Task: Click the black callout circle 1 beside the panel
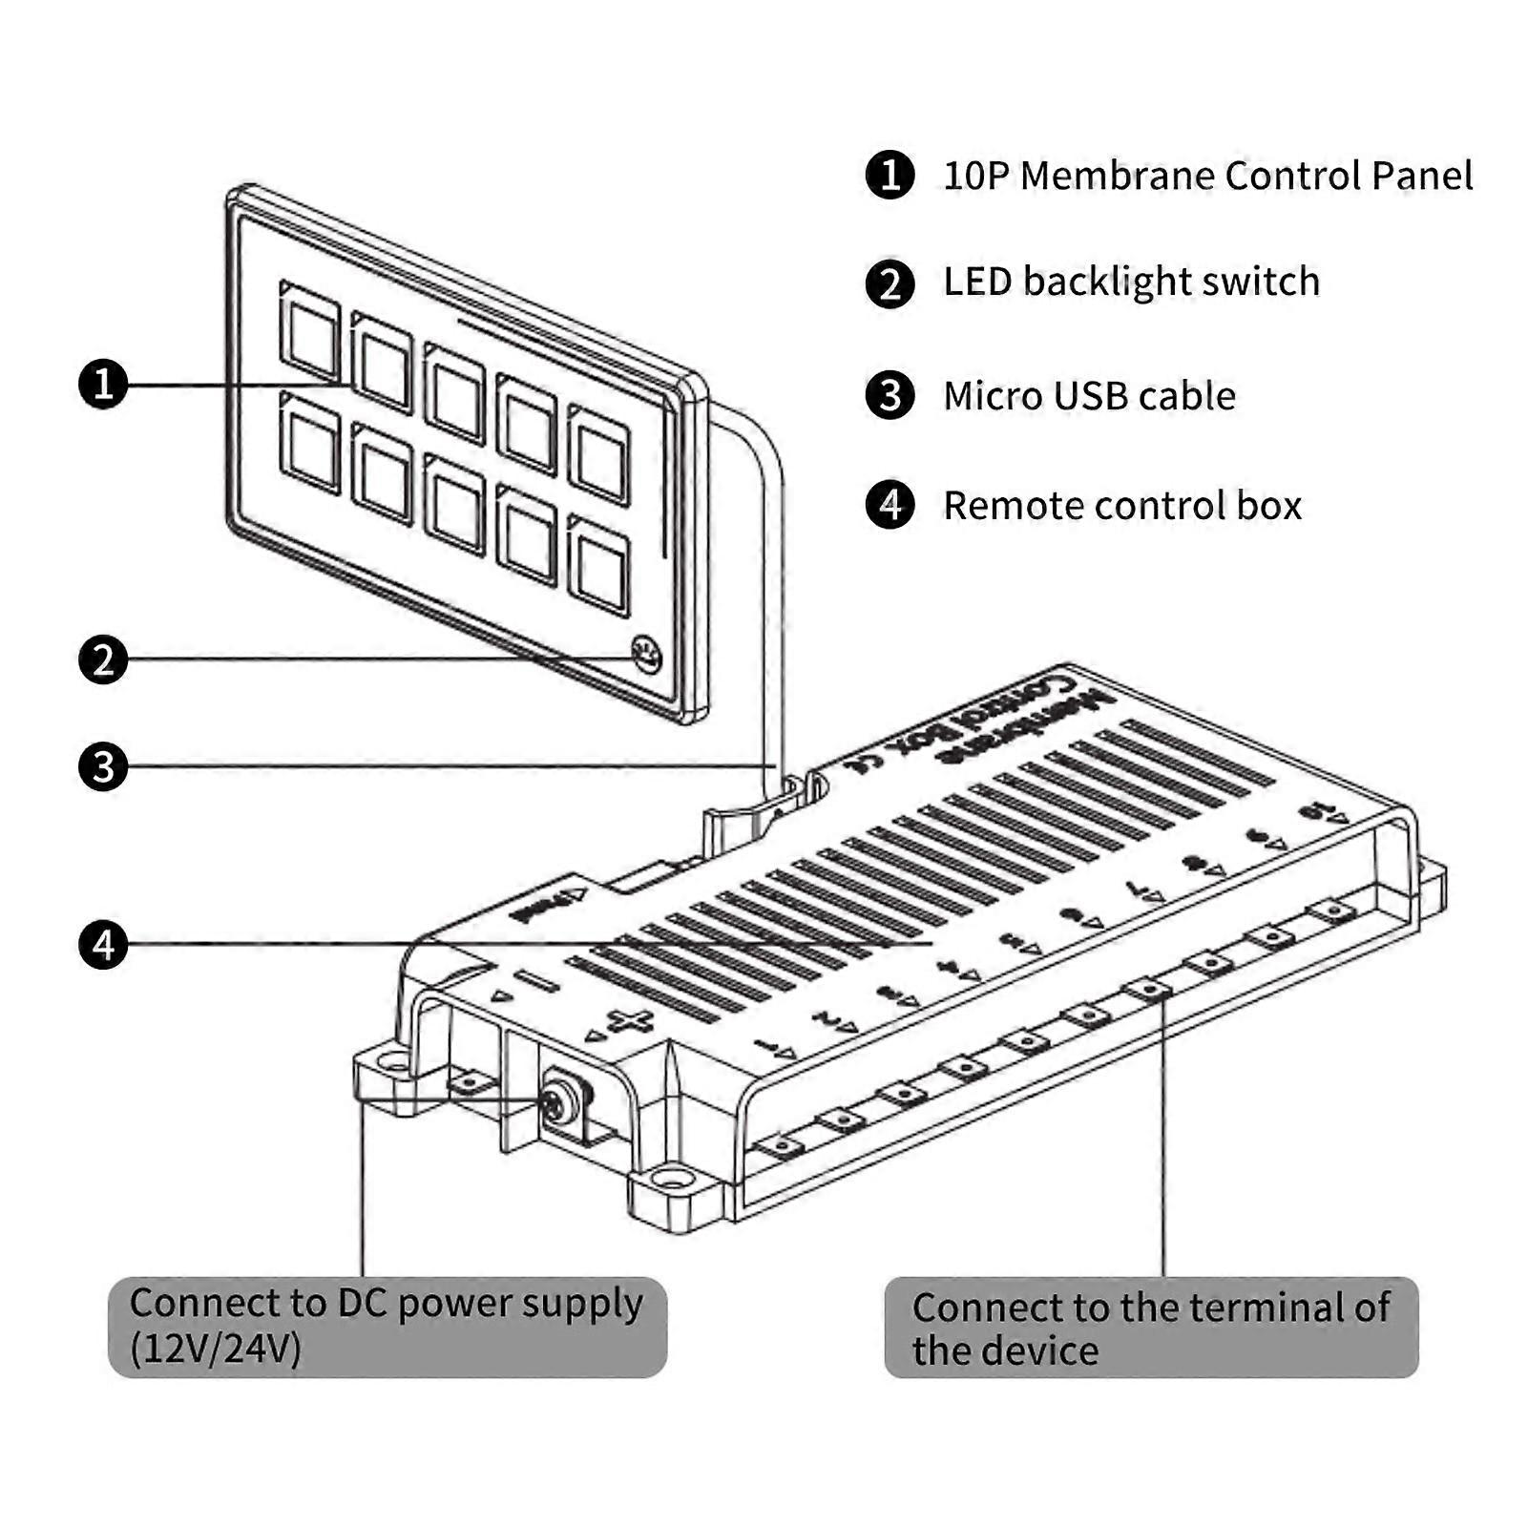point(103,385)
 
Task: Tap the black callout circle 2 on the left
point(103,659)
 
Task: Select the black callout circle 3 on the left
point(103,766)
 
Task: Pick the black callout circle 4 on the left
point(103,944)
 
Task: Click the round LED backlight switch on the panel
point(646,655)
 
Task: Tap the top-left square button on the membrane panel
point(311,331)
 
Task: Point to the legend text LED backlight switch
point(1131,283)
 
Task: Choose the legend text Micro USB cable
point(1089,396)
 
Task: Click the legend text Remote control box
point(1122,506)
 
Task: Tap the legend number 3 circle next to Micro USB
point(890,395)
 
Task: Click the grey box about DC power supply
point(387,1327)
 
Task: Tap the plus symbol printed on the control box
point(631,1022)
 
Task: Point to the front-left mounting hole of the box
point(392,1061)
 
